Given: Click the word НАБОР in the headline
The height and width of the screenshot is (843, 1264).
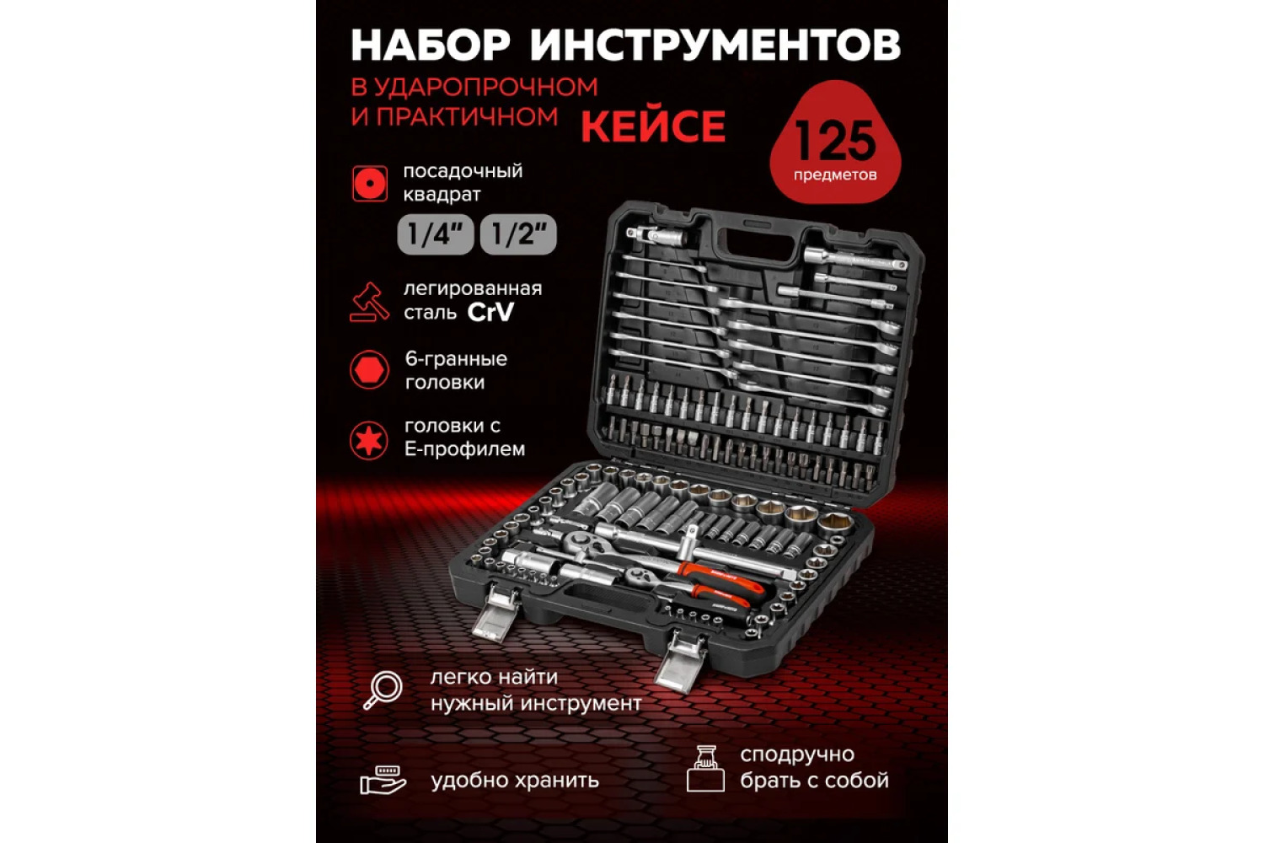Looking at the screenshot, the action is coord(431,45).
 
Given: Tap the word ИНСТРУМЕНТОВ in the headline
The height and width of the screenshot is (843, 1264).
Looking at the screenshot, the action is coord(715,45).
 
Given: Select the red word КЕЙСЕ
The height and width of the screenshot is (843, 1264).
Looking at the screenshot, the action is coord(653,126).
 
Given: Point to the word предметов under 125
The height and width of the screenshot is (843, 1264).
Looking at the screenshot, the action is coord(835,175).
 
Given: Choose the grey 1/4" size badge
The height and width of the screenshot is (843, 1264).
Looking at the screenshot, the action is coord(435,234).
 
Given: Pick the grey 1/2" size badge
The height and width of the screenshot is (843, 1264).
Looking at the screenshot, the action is coord(518,234).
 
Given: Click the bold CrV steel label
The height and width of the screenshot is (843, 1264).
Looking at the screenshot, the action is coord(490,312).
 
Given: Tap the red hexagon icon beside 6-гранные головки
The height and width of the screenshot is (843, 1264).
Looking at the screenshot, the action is coord(370,370).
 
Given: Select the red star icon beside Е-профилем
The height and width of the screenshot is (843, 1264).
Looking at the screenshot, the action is coord(368,440).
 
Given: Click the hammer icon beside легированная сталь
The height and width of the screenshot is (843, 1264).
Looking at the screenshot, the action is coord(370,302).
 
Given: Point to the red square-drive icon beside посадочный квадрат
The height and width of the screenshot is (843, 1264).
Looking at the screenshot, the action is coord(370,184).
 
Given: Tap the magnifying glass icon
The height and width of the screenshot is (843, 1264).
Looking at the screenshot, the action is coord(383,690).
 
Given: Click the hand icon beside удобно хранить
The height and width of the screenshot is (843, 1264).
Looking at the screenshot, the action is coord(383,780).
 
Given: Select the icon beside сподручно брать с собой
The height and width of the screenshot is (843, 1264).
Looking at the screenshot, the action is coord(705,769).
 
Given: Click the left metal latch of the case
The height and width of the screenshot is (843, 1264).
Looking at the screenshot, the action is coord(496,613).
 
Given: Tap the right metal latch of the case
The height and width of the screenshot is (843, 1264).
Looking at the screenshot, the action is coord(681,661).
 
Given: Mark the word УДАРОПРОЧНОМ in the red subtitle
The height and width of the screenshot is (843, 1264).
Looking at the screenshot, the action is coord(486,88).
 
